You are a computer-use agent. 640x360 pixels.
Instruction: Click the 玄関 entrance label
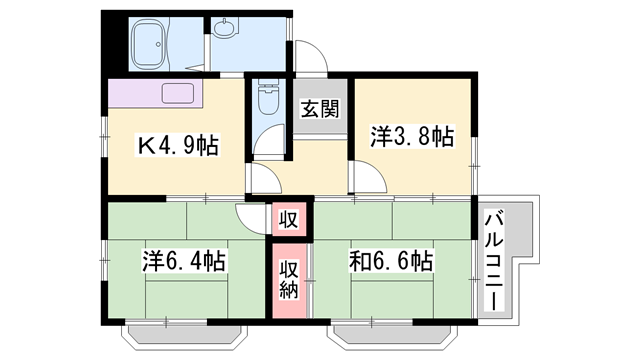320,109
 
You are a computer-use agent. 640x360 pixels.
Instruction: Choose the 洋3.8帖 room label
412,135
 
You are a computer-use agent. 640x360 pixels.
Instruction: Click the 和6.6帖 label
391,263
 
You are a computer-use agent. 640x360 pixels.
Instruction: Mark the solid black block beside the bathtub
112,40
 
